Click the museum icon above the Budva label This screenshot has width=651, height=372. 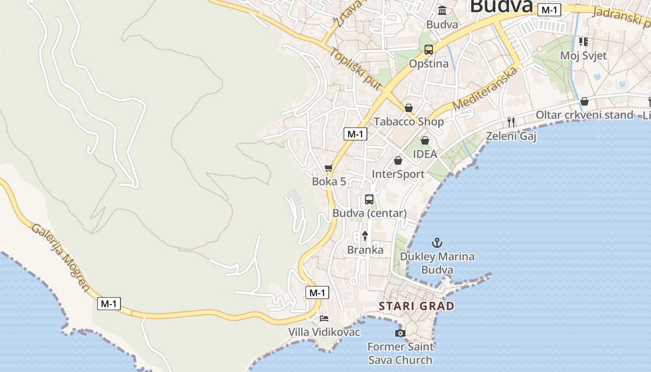pyautogui.click(x=442, y=10)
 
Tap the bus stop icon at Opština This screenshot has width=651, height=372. pyautogui.click(x=428, y=50)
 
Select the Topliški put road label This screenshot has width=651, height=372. pyautogui.click(x=356, y=68)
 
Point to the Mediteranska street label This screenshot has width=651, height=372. pyautogui.click(x=485, y=88)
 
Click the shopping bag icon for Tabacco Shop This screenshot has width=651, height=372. pyautogui.click(x=408, y=108)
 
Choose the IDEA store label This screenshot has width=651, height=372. pyautogui.click(x=425, y=154)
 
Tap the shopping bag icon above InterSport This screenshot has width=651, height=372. pyautogui.click(x=398, y=160)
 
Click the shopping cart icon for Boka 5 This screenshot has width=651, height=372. pyautogui.click(x=329, y=168)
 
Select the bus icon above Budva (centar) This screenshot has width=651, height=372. pyautogui.click(x=369, y=199)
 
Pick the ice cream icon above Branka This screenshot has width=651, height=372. pyautogui.click(x=365, y=236)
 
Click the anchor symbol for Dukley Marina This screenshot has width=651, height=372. pyautogui.click(x=437, y=242)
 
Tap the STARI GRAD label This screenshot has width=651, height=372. pyautogui.click(x=416, y=306)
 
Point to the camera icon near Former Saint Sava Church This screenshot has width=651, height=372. pyautogui.click(x=400, y=333)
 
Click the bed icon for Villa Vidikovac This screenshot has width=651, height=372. pyautogui.click(x=324, y=319)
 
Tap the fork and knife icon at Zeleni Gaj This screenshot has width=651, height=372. pyautogui.click(x=511, y=122)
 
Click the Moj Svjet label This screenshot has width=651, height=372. pyautogui.click(x=583, y=56)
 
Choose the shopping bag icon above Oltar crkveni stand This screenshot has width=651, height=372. pyautogui.click(x=585, y=101)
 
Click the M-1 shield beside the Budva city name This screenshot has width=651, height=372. pyautogui.click(x=549, y=10)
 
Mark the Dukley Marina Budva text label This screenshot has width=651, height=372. pyautogui.click(x=437, y=263)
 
